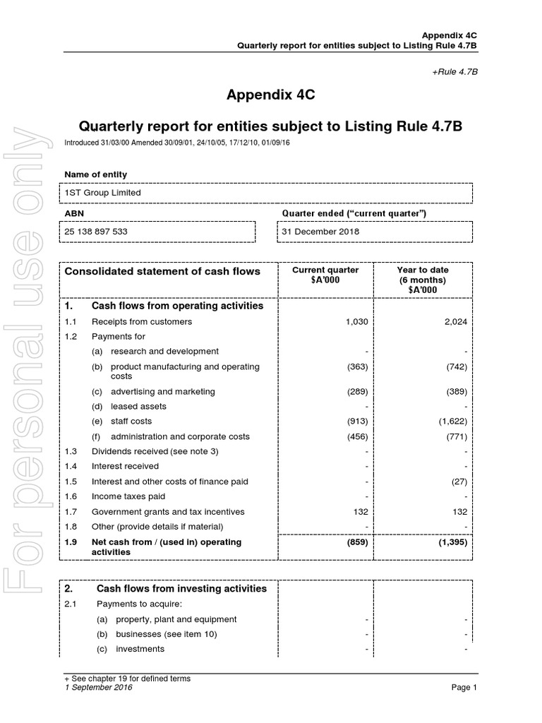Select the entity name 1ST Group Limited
coord(102,192)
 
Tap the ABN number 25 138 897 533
coord(96,231)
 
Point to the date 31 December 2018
coord(320,231)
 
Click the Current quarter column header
coord(325,275)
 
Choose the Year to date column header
coord(423,280)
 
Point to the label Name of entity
coord(95,174)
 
